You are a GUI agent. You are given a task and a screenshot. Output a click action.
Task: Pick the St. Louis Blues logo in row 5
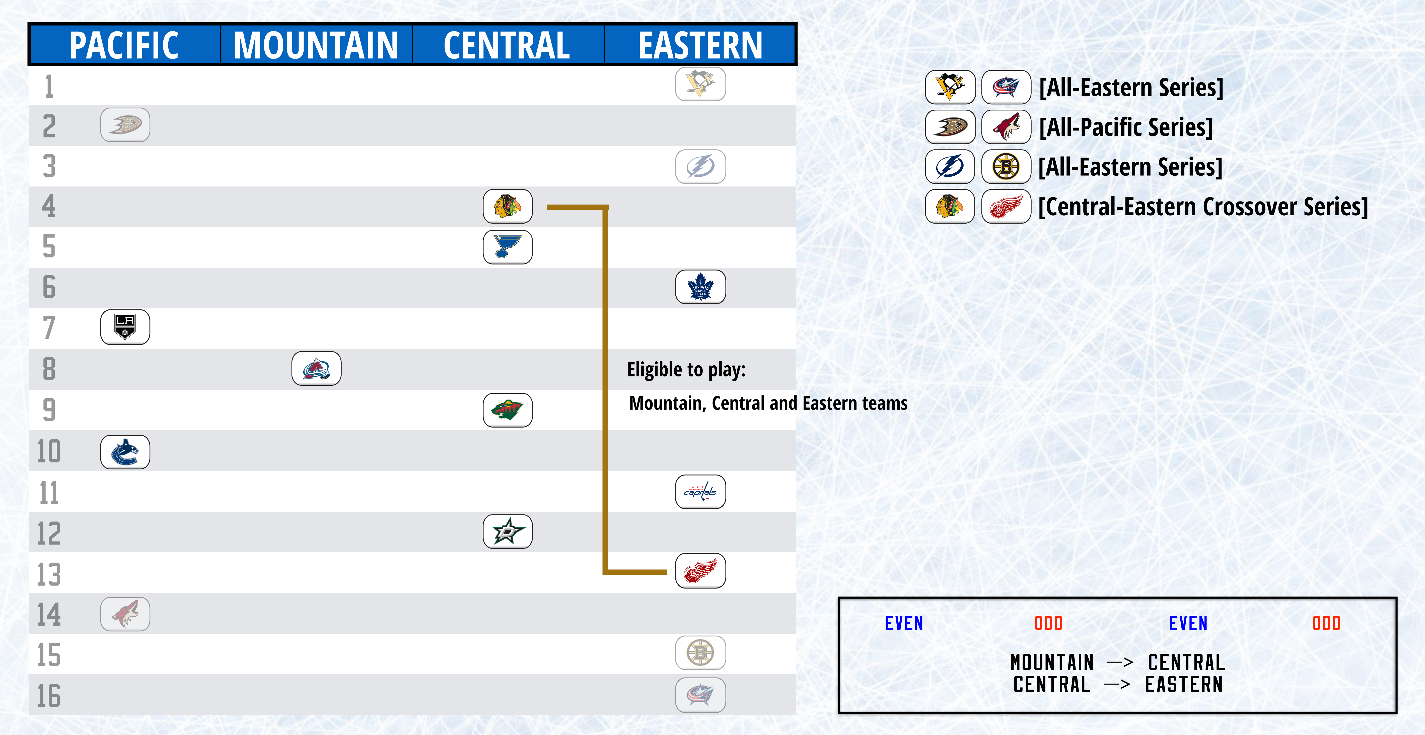coord(507,247)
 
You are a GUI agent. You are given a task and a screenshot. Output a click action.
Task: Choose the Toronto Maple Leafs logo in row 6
coord(700,287)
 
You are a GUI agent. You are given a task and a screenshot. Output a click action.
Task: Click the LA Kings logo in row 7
coord(125,327)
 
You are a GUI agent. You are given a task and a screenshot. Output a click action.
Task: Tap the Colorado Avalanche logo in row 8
coord(316,368)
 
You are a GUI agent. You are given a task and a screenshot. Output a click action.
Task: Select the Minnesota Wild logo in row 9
coord(507,410)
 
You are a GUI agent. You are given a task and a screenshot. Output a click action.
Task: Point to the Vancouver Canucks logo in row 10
coord(125,452)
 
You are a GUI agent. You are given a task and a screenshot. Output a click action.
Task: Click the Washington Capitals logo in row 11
coord(700,492)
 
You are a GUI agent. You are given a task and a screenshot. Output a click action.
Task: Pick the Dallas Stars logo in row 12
coord(507,531)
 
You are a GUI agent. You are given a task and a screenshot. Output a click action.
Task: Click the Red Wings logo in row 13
coord(700,571)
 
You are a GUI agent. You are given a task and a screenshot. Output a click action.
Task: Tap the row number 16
coord(49,696)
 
